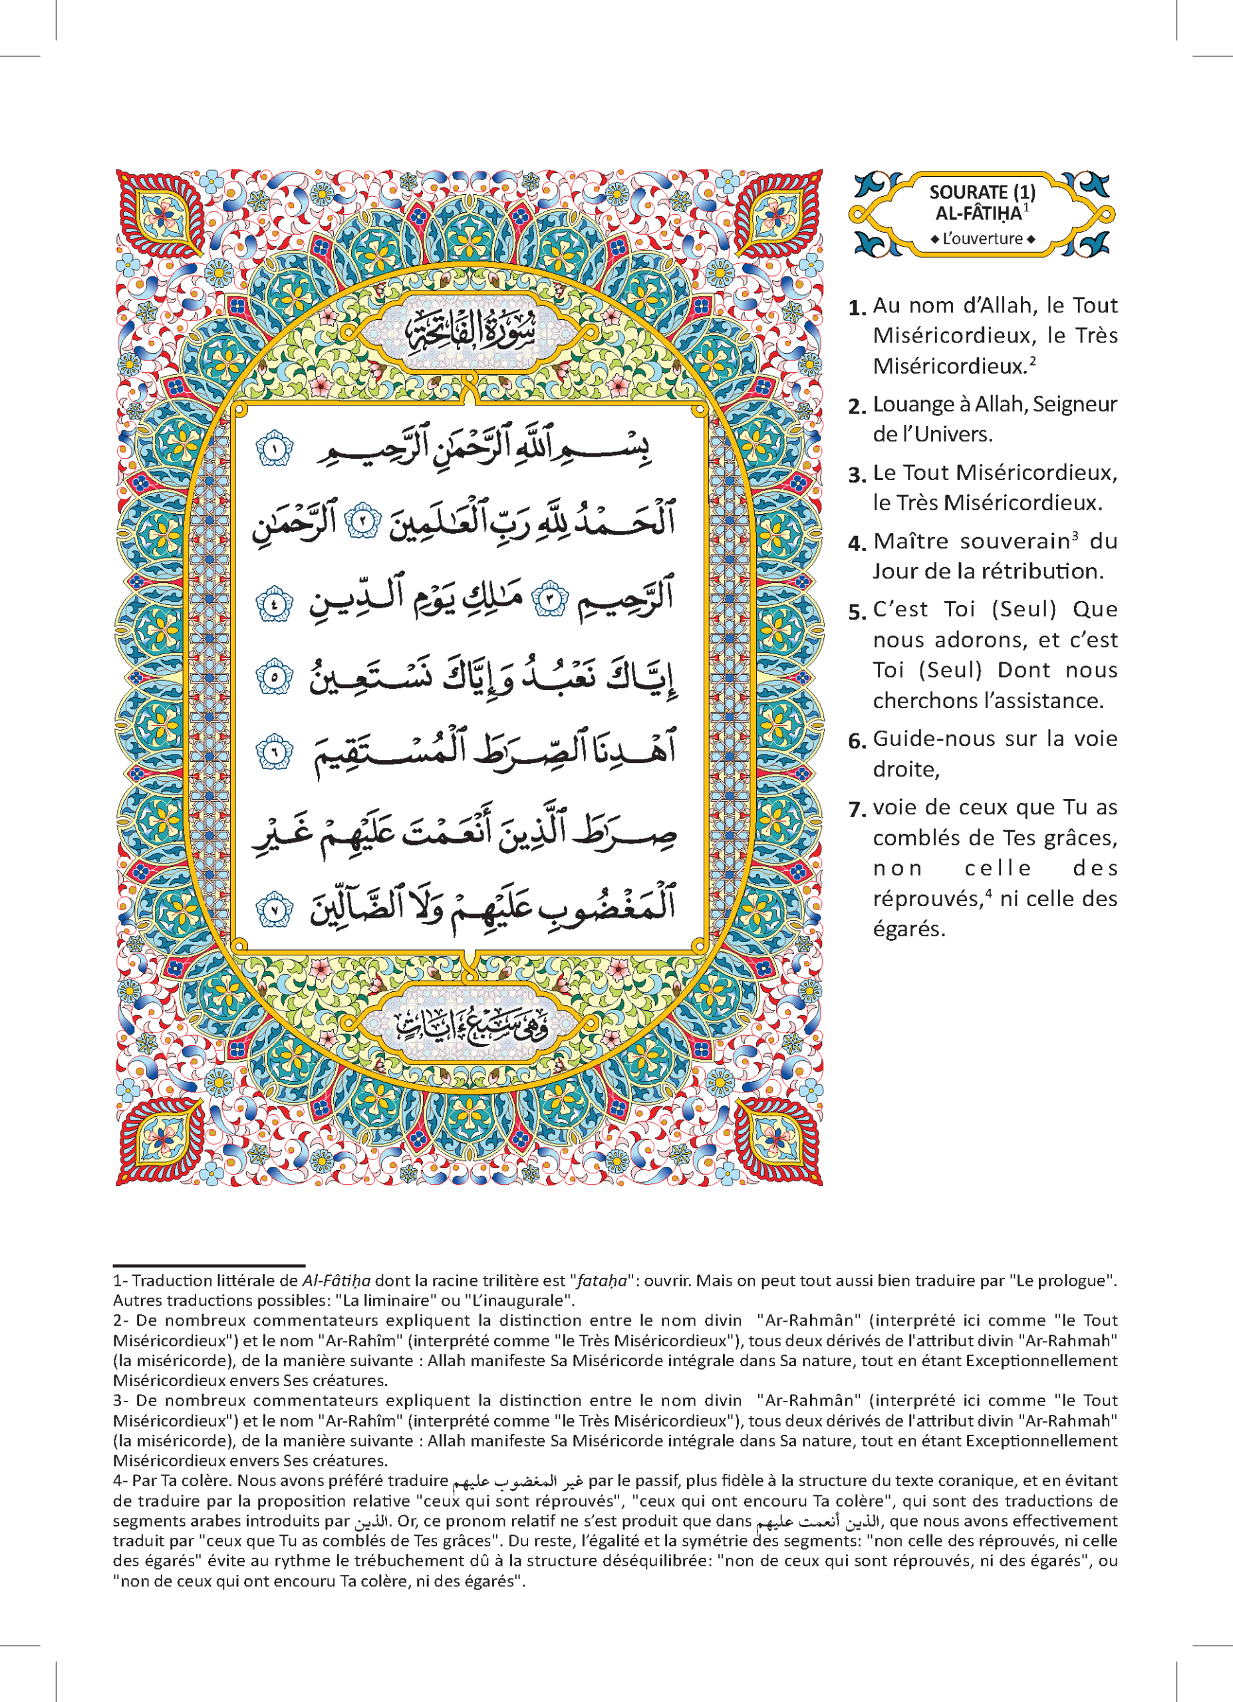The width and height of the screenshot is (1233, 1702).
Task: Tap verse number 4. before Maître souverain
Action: pos(857,543)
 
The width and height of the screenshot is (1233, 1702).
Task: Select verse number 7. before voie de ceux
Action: pos(857,810)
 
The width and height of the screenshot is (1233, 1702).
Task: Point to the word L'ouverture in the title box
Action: pos(982,239)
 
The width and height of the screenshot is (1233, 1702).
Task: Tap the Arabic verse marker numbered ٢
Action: pos(363,521)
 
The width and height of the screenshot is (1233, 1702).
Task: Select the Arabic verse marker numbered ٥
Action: pos(274,677)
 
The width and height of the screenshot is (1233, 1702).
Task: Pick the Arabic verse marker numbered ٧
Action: pos(274,910)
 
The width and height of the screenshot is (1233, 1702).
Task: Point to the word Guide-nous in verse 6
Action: pos(933,739)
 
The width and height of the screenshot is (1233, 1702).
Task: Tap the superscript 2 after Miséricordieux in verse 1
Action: pos(1033,360)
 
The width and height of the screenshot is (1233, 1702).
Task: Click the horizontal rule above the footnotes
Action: pos(209,1265)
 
